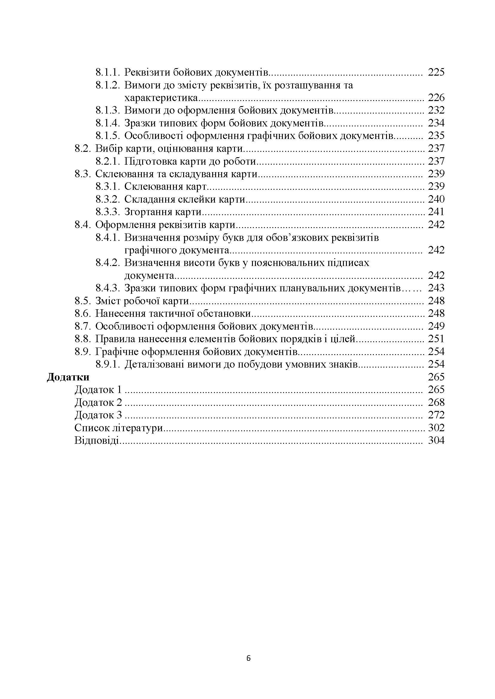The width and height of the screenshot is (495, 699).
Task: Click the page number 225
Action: [436, 72]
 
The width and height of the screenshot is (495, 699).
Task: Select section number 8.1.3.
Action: [108, 110]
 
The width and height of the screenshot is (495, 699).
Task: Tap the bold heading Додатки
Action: [68, 377]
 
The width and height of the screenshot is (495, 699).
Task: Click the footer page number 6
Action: [248, 659]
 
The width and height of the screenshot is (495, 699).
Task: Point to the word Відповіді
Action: [97, 440]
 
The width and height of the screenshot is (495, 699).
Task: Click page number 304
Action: [436, 440]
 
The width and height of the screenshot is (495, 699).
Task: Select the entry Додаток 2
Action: [98, 403]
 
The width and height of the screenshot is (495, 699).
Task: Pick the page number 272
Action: [436, 415]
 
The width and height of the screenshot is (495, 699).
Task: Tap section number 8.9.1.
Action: [108, 364]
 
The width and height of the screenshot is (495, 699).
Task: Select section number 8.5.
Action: [83, 301]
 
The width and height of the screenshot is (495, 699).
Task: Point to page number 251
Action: [436, 339]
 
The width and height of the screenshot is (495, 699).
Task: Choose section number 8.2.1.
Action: [108, 161]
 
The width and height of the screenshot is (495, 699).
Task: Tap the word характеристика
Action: [161, 98]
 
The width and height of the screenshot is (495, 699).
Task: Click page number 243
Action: [436, 288]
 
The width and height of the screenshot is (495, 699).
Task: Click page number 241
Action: [436, 212]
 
